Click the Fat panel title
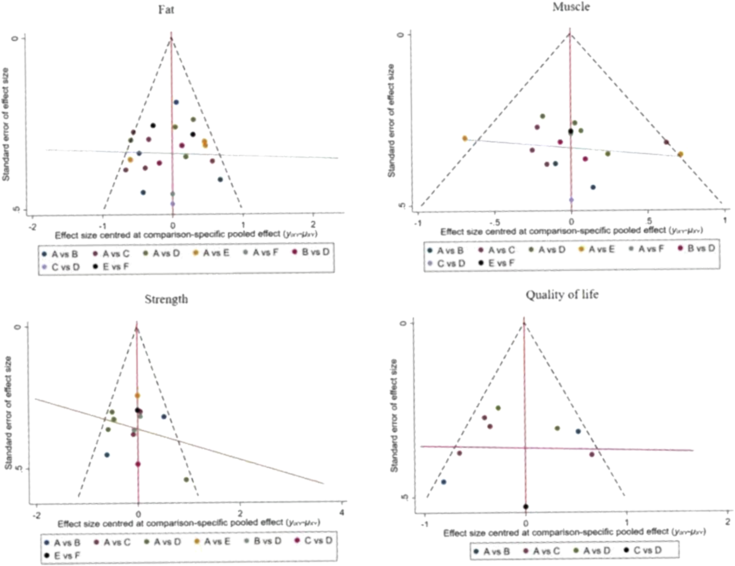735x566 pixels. [x=166, y=10]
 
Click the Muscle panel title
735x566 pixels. [x=571, y=7]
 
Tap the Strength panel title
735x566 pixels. [x=166, y=299]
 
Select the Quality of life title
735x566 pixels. [x=562, y=294]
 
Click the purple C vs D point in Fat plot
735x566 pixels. [x=173, y=204]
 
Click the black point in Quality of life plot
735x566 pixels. [x=526, y=506]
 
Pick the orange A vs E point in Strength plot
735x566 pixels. [x=137, y=396]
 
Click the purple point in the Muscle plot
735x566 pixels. [x=571, y=200]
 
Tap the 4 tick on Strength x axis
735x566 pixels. [x=342, y=513]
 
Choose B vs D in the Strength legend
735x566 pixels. [x=267, y=541]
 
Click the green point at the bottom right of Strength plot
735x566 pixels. [x=186, y=480]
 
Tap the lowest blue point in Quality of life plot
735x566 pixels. [x=443, y=482]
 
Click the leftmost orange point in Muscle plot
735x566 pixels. [x=465, y=138]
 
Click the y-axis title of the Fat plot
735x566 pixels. [x=6, y=124]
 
